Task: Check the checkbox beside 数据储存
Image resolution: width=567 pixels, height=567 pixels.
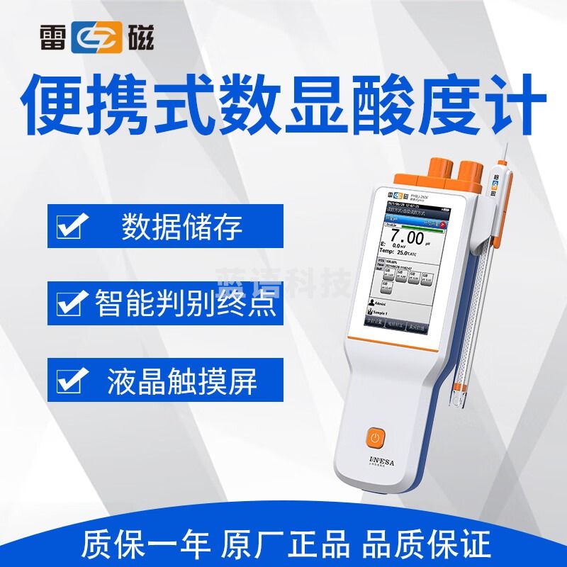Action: (73, 228)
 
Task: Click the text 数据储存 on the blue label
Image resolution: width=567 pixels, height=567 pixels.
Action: (182, 228)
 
